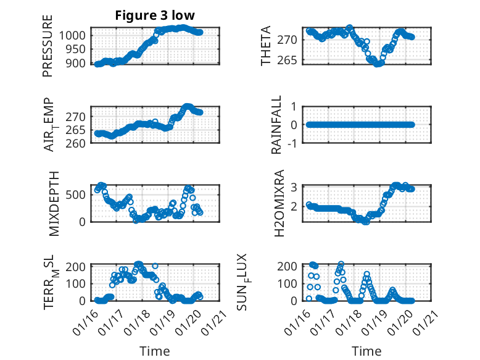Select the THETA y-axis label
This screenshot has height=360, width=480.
click(266, 46)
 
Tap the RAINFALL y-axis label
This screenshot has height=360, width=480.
click(277, 125)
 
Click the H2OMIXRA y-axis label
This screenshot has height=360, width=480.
click(279, 203)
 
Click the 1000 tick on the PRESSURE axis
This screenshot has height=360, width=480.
click(75, 35)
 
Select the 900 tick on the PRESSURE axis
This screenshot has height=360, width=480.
click(78, 64)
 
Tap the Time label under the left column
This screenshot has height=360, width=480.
click(154, 351)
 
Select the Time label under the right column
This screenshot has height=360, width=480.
click(366, 351)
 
